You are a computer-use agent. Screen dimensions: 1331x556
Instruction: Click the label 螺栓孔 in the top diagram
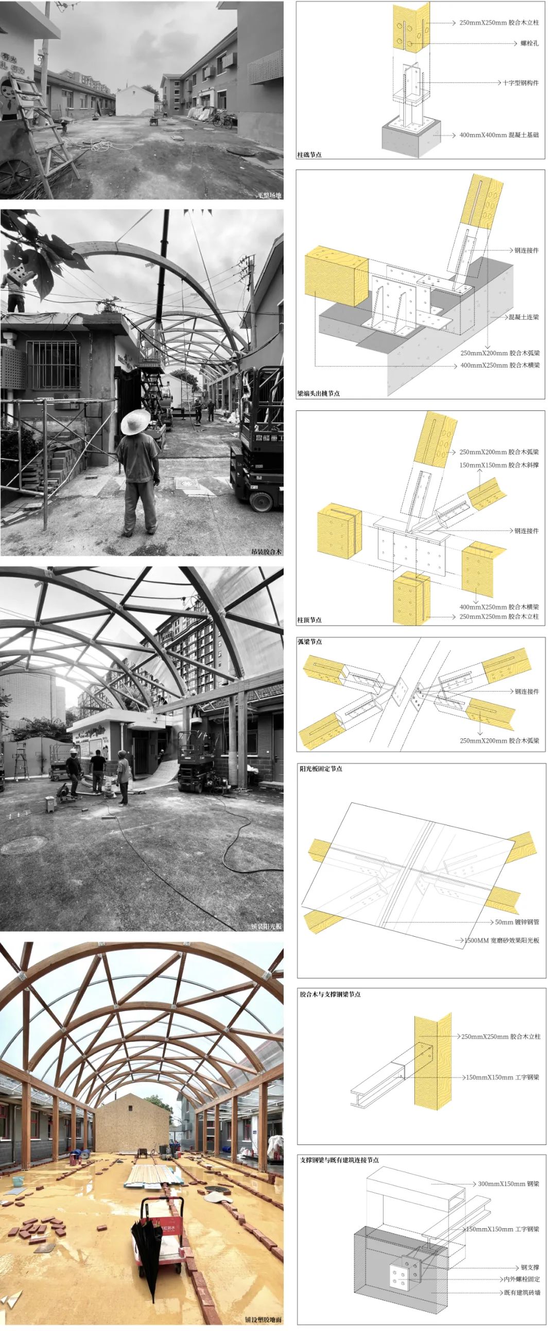pos(529,43)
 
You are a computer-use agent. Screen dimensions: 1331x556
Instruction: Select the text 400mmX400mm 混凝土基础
pos(498,135)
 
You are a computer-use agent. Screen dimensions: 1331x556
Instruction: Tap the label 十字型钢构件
pos(521,83)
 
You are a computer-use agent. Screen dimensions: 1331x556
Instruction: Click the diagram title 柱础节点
pos(309,155)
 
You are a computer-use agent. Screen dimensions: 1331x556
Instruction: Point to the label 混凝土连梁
pos(524,317)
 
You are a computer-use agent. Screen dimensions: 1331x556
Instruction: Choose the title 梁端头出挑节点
pos(318,393)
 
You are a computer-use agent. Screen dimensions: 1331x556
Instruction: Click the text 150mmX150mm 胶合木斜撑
pos(498,465)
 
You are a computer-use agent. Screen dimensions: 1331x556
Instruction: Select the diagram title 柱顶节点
pos(309,619)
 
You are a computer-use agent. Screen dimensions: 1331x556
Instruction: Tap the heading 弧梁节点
pos(310,641)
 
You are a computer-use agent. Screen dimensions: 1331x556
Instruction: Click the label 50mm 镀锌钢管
pos(517,922)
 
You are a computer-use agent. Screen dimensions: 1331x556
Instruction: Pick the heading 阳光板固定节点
pos(321,769)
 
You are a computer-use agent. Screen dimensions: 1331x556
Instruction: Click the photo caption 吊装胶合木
pos(266,551)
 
